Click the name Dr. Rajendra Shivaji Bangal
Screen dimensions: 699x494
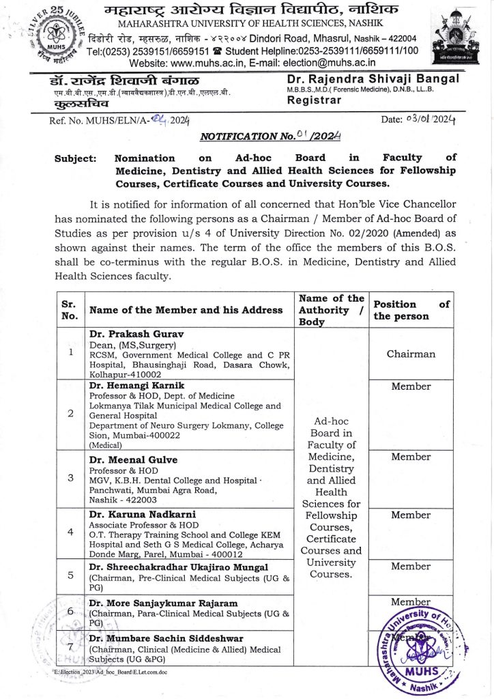(x=373, y=79)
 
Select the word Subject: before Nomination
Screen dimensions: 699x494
(x=74, y=158)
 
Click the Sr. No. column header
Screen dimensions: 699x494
(x=71, y=310)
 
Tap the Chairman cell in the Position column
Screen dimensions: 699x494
(x=411, y=354)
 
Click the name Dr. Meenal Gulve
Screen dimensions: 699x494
(x=130, y=459)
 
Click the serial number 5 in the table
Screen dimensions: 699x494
(x=71, y=574)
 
